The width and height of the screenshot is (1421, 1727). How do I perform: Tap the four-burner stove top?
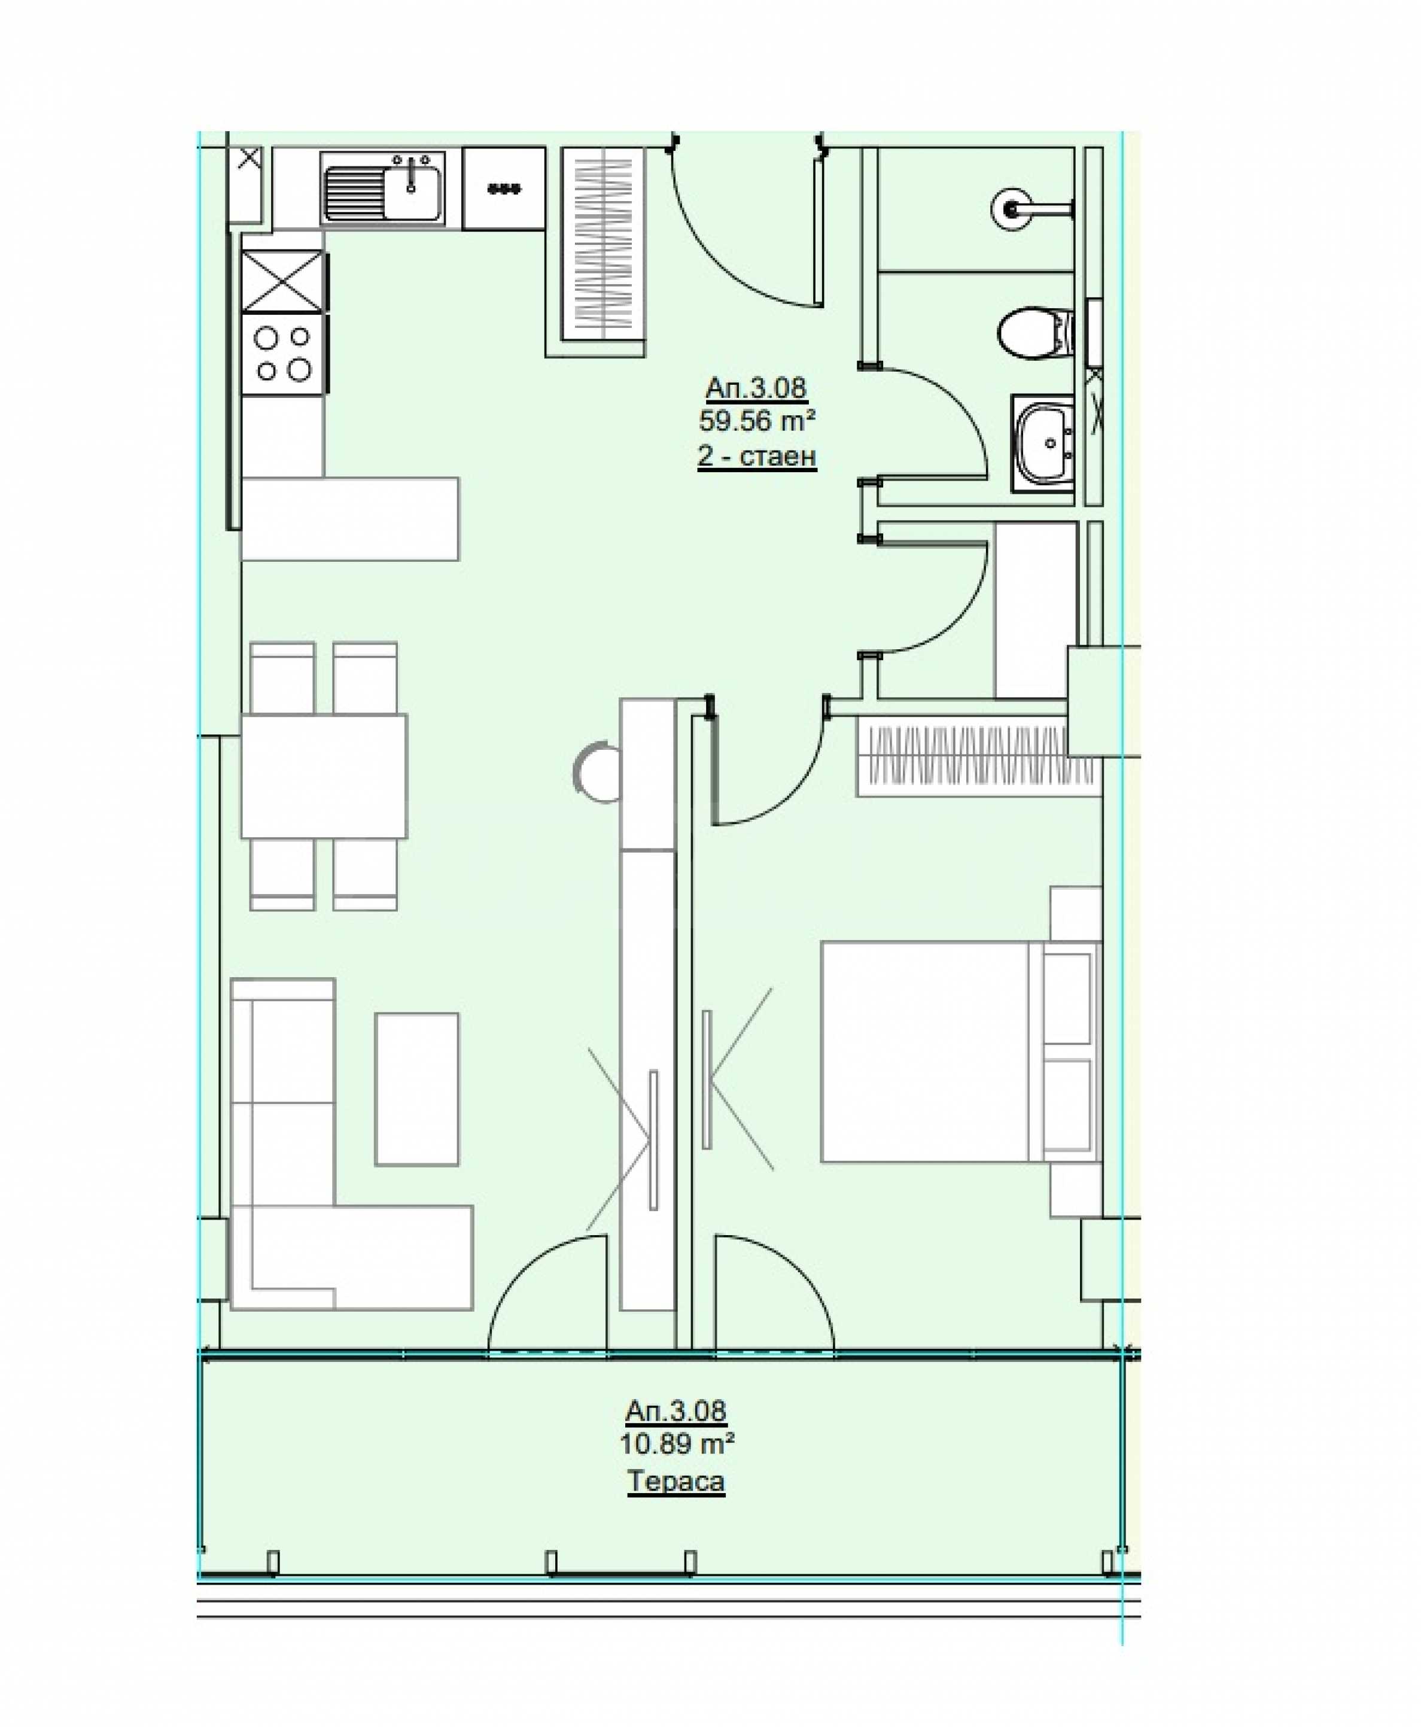283,354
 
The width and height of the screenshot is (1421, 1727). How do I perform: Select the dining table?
324,776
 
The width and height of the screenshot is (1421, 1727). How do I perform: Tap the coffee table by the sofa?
416,1090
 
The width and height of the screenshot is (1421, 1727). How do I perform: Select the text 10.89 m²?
676,1444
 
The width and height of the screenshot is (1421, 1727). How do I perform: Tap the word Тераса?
676,1482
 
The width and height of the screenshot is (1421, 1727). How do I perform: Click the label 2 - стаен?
756,456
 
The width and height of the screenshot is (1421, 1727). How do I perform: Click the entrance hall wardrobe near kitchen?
603,243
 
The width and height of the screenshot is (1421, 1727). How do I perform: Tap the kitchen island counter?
351,519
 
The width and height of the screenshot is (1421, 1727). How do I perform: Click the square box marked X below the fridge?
283,282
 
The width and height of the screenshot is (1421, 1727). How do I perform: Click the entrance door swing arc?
729,245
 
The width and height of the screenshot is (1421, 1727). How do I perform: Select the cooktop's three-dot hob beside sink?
503,188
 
